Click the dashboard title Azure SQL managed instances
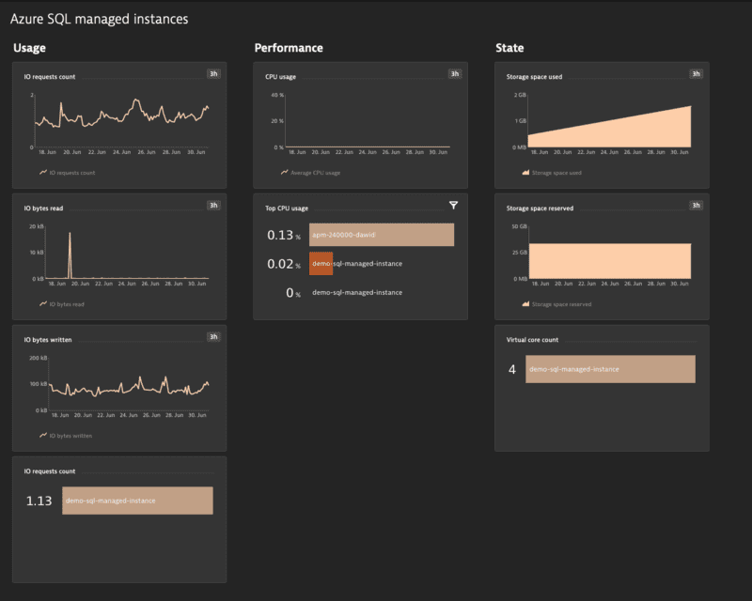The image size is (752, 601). [x=99, y=19]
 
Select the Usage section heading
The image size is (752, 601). [x=29, y=48]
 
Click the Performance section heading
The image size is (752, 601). [x=289, y=48]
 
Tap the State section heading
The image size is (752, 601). [x=509, y=48]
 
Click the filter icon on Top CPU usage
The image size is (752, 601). [x=453, y=205]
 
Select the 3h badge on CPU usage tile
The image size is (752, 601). [x=455, y=73]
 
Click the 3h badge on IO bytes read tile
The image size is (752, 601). [x=213, y=205]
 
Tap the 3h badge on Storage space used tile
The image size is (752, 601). [x=696, y=73]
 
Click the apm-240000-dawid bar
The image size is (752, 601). [x=381, y=235]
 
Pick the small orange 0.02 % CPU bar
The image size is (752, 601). [x=321, y=264]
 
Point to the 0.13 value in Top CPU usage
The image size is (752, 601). [x=280, y=236]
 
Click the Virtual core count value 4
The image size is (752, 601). [x=512, y=370]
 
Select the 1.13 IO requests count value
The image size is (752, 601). [x=39, y=501]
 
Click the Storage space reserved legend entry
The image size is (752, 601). [x=561, y=304]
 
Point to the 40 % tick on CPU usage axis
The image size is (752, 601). [x=277, y=95]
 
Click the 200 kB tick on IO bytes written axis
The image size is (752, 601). [x=39, y=358]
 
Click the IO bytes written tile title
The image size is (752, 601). [x=48, y=339]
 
